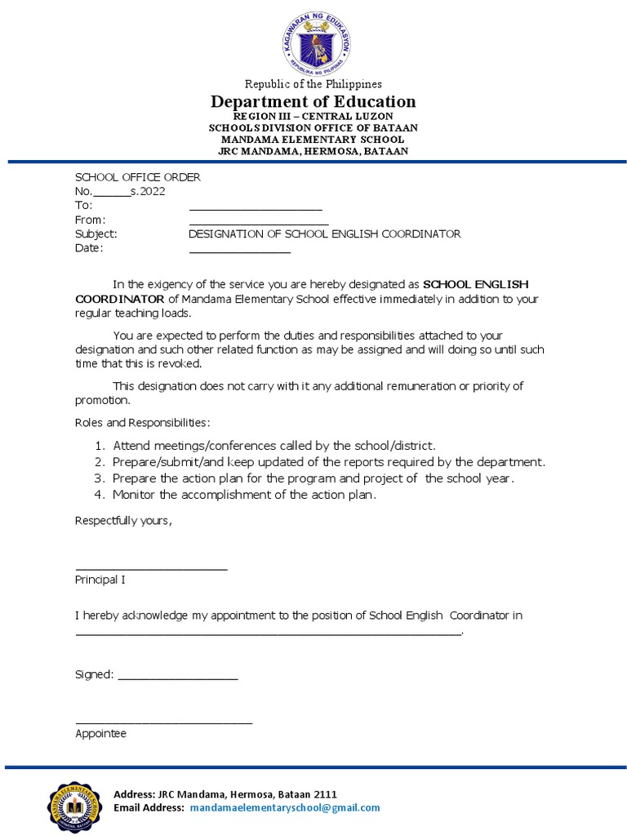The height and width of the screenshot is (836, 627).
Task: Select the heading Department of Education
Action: [x=313, y=101]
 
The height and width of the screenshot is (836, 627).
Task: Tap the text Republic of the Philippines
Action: [x=313, y=84]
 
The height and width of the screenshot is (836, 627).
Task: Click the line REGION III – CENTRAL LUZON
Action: [x=313, y=116]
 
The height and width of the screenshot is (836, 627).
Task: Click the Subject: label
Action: [x=96, y=234]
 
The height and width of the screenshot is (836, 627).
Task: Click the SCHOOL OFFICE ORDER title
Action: [x=138, y=177]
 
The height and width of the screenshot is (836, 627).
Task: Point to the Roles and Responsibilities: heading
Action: [x=143, y=423]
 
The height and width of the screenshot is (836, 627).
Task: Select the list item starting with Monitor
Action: [x=244, y=495]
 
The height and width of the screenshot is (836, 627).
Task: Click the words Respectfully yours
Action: [x=123, y=521]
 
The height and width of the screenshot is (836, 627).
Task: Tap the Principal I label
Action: [x=100, y=580]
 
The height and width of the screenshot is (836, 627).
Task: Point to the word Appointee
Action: [x=100, y=734]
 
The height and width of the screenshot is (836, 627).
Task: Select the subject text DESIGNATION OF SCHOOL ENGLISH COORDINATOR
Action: [x=324, y=234]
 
